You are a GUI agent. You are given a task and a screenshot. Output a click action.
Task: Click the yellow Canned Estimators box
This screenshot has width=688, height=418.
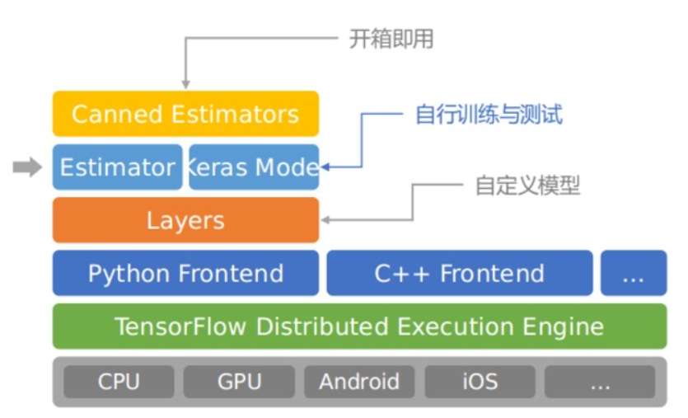[185, 114]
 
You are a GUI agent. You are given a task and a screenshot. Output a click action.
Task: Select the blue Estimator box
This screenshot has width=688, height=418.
[117, 167]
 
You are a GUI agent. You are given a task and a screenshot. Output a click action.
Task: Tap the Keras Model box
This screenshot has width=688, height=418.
[253, 167]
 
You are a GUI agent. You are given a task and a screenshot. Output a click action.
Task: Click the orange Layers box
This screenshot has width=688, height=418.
[185, 220]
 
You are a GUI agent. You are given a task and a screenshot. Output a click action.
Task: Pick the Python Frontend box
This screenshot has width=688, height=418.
[185, 273]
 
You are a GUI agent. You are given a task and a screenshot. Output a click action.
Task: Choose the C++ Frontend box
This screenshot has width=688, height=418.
[459, 273]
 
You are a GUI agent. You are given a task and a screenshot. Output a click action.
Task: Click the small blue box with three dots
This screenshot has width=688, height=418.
[633, 273]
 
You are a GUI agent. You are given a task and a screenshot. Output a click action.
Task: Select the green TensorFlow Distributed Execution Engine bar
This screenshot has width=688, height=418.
[359, 326]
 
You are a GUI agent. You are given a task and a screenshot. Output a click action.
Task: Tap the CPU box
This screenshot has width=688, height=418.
[119, 382]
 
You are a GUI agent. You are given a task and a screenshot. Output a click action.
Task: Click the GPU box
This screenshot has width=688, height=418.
[239, 382]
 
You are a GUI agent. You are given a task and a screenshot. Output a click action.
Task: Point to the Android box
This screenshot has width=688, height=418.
[359, 382]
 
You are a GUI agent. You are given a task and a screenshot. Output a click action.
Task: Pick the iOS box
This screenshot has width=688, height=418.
[480, 382]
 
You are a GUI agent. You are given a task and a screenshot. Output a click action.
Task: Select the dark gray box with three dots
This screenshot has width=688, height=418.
[600, 382]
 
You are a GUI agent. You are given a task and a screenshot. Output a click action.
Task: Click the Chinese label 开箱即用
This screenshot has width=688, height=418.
[391, 39]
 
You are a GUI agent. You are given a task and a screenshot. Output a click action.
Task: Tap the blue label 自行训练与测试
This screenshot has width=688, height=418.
[489, 114]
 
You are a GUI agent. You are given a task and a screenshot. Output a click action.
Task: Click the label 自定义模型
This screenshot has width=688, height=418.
[527, 186]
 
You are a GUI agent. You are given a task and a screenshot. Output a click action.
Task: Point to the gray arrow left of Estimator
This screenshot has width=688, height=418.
[27, 167]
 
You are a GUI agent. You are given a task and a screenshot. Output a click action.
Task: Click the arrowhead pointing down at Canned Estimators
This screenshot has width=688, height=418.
[185, 84]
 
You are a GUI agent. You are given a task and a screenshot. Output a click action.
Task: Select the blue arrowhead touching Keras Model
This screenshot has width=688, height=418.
[325, 167]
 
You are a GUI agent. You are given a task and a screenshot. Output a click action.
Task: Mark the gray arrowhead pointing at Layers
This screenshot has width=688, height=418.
[326, 220]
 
